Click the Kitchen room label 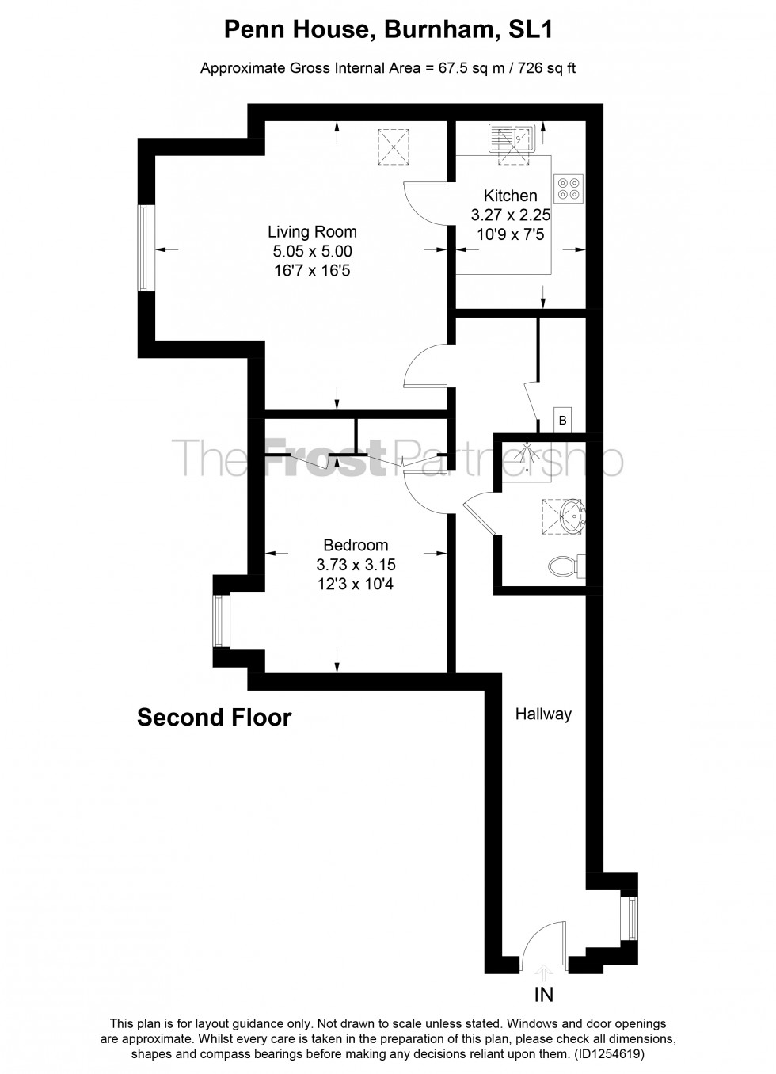point(510,196)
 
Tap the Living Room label point(312,232)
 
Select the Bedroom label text point(356,545)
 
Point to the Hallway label point(543,714)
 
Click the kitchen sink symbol point(512,138)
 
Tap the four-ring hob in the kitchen point(568,188)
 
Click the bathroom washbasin point(570,516)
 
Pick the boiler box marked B point(562,421)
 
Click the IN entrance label point(544,995)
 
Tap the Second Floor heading point(215,718)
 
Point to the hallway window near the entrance point(632,918)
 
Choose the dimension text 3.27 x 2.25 point(511,214)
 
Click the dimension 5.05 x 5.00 point(312,252)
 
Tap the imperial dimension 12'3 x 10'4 point(356,585)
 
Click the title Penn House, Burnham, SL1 point(388,30)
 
